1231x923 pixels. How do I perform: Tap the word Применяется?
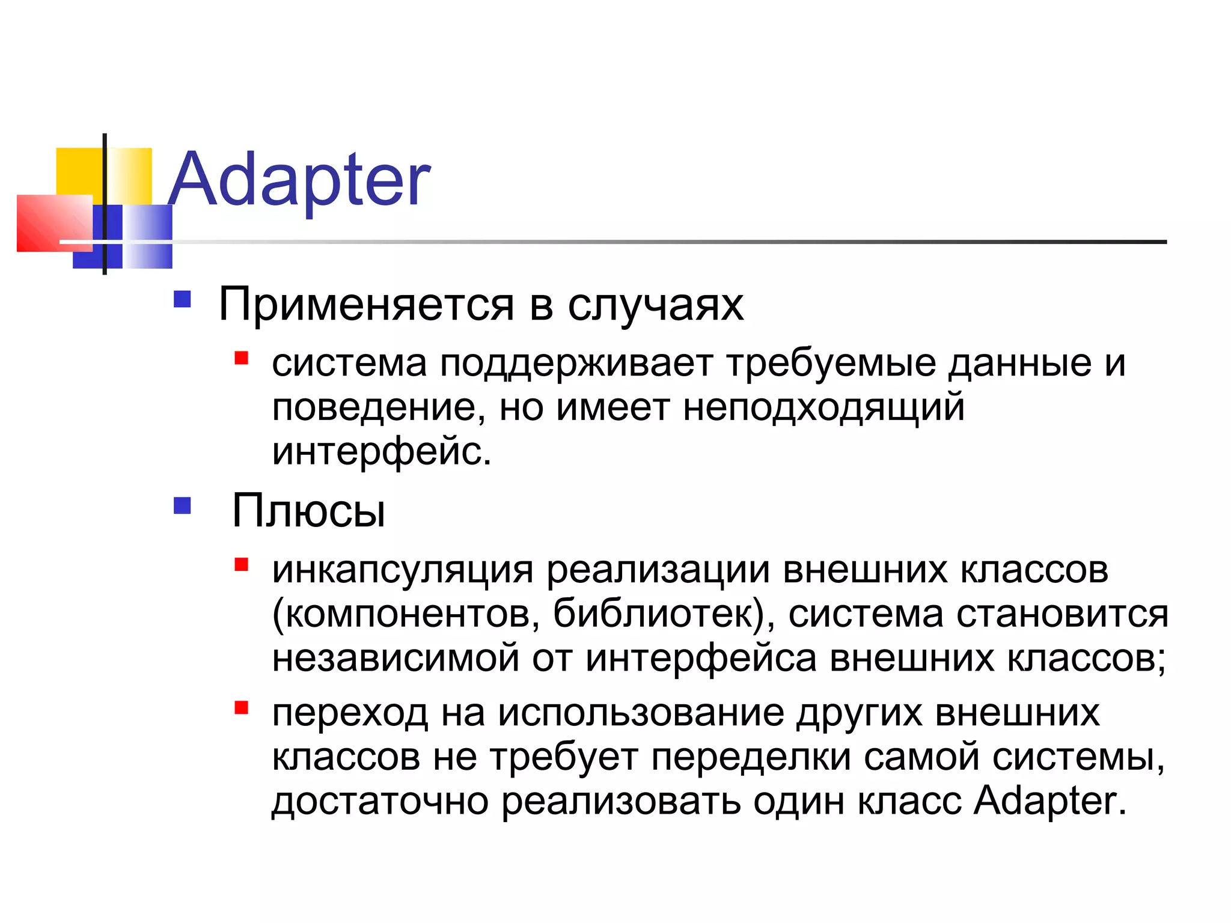366,305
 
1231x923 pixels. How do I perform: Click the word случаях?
655,305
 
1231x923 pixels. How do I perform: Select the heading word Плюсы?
308,511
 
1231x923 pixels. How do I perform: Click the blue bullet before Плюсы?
182,506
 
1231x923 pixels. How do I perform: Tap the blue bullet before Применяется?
182,299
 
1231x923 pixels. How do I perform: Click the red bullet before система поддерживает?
242,359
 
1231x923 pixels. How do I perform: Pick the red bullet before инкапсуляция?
242,564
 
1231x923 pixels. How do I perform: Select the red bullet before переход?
242,707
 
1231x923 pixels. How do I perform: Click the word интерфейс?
381,452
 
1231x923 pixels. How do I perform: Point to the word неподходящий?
823,408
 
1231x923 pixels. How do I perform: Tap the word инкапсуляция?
402,570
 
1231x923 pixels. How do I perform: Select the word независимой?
396,658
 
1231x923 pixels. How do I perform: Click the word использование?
641,713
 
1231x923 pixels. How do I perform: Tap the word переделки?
751,757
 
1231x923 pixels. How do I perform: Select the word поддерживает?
576,364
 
